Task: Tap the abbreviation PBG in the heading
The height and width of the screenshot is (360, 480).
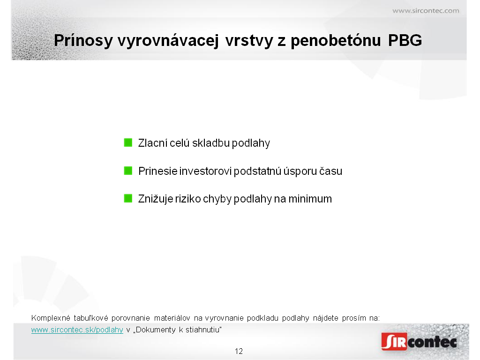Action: click(405, 40)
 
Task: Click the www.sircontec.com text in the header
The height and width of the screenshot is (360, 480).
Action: click(426, 11)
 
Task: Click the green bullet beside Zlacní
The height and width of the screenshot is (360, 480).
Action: click(128, 142)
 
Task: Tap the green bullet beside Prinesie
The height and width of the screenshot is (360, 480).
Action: click(128, 171)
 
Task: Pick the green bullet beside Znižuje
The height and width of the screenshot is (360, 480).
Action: click(128, 198)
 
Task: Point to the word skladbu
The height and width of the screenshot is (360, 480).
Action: click(211, 143)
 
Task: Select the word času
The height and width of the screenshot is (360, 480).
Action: click(331, 171)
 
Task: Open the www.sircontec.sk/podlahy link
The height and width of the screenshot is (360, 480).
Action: click(77, 330)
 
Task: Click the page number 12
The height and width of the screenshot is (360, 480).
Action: click(239, 351)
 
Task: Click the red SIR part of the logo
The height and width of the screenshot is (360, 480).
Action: click(394, 342)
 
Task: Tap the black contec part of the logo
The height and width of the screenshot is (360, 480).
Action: click(432, 342)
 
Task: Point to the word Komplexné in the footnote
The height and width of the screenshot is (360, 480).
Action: click(51, 318)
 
